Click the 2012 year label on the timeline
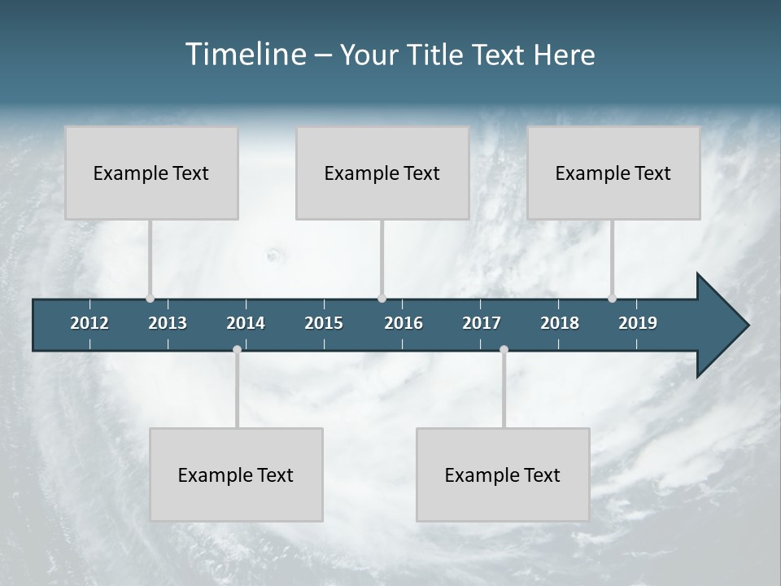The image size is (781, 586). coord(89,323)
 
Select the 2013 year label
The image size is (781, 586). coord(168,323)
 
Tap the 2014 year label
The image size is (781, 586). coord(246,323)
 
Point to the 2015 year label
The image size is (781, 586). coord(324,323)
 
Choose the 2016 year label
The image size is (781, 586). coord(404,323)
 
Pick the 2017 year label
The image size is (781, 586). coord(482,323)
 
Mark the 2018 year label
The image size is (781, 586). coord(560,323)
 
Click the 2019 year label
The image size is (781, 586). coord(638,323)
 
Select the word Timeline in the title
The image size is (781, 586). coord(246,55)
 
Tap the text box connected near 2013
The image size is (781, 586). coord(151,173)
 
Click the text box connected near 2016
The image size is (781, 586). coord(382,173)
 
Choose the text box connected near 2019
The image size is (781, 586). coord(613,173)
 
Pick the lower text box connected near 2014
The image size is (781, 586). coord(236,474)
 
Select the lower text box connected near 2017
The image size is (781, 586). coord(503,474)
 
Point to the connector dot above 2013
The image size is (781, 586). coord(150,298)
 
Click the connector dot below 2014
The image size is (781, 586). coord(237,349)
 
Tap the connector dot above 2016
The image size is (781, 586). coord(382,298)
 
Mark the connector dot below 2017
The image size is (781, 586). coord(504,349)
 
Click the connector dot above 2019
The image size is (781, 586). coord(612,298)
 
